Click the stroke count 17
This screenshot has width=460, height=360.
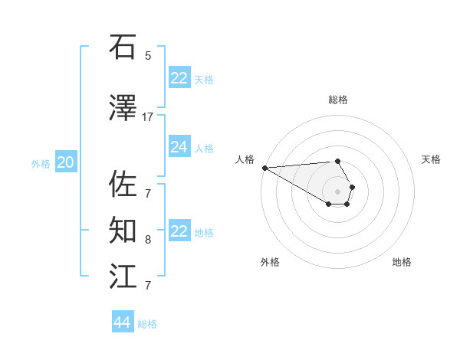coord(148,116)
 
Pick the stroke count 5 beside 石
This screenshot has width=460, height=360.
coord(148,55)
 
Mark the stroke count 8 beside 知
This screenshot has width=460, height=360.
coord(148,239)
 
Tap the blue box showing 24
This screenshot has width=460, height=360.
coord(179,147)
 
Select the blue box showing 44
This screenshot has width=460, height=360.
coord(122,322)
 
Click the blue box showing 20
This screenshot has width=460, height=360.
coord(66,162)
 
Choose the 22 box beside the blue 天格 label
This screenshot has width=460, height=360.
coord(179,78)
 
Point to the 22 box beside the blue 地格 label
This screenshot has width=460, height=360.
coord(179,231)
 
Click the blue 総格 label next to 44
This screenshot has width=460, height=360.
coord(147,324)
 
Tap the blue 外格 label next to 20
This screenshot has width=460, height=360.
coord(41,163)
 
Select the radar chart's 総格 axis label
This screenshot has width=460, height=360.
coord(338,100)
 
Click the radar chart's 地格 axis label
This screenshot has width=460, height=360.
coord(402,262)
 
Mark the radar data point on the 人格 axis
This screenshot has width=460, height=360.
coord(264,168)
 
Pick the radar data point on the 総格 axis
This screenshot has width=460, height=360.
coord(337,161)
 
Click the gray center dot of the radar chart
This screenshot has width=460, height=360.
coord(338,191)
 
